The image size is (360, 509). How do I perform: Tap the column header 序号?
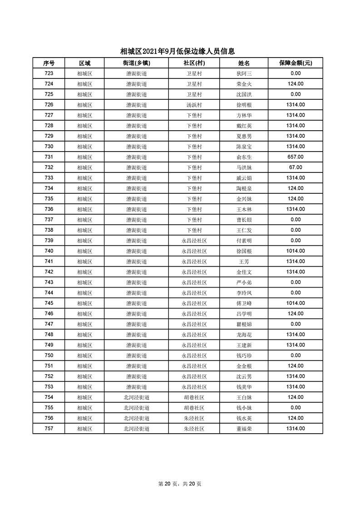[49, 63]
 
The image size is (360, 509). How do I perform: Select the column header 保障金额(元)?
[295, 63]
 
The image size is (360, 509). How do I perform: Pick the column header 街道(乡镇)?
[136, 63]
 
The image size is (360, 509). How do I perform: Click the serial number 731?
[49, 157]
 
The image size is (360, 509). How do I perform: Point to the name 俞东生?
[244, 157]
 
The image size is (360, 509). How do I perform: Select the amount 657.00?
[295, 157]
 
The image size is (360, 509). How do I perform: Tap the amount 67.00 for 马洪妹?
[295, 167]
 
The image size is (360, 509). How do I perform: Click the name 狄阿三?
[244, 73]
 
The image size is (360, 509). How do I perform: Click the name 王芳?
[244, 262]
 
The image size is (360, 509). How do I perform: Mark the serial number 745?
[49, 303]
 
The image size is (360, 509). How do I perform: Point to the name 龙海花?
[244, 335]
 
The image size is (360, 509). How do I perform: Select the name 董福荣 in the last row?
[244, 429]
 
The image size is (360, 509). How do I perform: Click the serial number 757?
[49, 429]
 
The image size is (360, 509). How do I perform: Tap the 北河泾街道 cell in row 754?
[136, 397]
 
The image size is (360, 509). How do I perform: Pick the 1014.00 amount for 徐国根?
[295, 251]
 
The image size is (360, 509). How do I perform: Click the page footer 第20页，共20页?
[180, 484]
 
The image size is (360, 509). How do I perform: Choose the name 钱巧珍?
[244, 356]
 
